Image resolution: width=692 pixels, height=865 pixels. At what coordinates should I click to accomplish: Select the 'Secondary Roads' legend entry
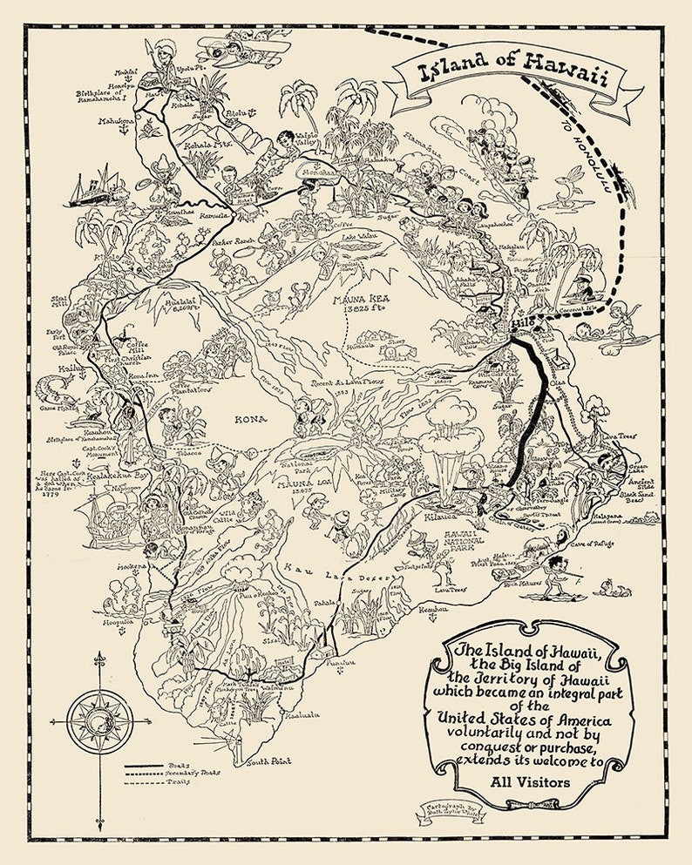(193, 772)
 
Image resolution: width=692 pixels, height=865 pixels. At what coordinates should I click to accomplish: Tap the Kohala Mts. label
(200, 147)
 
